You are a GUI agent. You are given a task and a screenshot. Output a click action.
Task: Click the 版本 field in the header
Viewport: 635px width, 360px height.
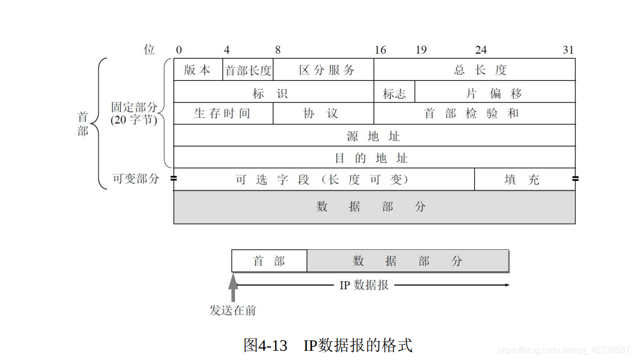click(198, 70)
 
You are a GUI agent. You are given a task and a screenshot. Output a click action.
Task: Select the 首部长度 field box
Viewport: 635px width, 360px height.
click(248, 70)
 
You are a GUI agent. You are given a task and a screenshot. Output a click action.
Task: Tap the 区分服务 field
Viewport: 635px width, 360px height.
click(323, 70)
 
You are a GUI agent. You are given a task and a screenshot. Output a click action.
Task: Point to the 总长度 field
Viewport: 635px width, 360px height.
click(474, 70)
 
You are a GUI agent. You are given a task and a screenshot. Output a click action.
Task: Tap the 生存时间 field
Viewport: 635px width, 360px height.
click(223, 113)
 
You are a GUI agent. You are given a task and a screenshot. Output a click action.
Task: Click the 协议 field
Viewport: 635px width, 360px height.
click(323, 113)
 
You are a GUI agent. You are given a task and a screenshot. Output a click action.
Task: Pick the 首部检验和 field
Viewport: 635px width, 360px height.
click(474, 113)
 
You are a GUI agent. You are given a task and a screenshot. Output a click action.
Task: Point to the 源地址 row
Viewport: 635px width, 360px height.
click(374, 136)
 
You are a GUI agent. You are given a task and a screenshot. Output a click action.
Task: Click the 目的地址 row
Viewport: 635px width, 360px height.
click(374, 157)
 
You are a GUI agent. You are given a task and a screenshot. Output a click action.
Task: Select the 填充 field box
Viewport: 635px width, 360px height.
click(524, 180)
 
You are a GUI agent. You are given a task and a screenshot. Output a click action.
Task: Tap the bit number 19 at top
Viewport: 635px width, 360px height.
click(421, 50)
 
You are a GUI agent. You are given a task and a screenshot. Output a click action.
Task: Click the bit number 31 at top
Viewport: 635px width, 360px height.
click(568, 50)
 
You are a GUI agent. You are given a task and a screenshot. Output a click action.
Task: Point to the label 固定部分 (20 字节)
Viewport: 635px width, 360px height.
click(134, 113)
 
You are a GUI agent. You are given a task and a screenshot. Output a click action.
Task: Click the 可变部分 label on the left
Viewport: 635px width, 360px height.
click(136, 179)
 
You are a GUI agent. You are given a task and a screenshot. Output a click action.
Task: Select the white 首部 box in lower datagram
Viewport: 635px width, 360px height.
click(269, 261)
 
